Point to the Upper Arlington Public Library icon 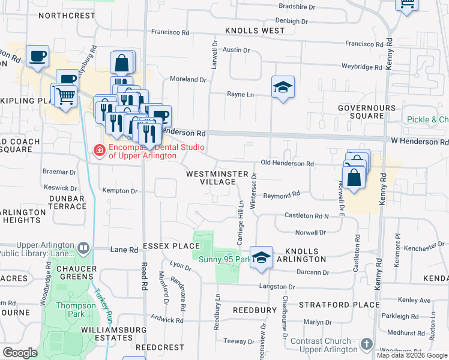83,247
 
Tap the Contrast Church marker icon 367,344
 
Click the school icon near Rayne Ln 283,87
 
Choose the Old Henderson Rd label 287,164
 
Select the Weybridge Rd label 361,67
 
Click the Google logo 20,353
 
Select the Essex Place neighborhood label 171,246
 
